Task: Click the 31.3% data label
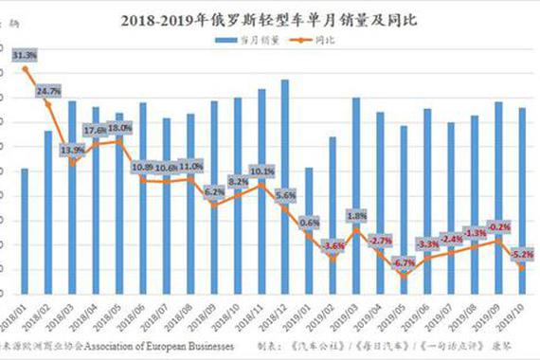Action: (x=26, y=55)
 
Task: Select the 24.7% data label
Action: (x=49, y=91)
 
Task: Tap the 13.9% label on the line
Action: (x=73, y=150)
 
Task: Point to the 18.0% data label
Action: (x=119, y=128)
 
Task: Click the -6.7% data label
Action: (x=405, y=262)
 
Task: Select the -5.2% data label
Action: (x=521, y=255)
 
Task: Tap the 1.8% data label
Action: (x=357, y=215)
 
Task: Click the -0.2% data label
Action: (x=499, y=227)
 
